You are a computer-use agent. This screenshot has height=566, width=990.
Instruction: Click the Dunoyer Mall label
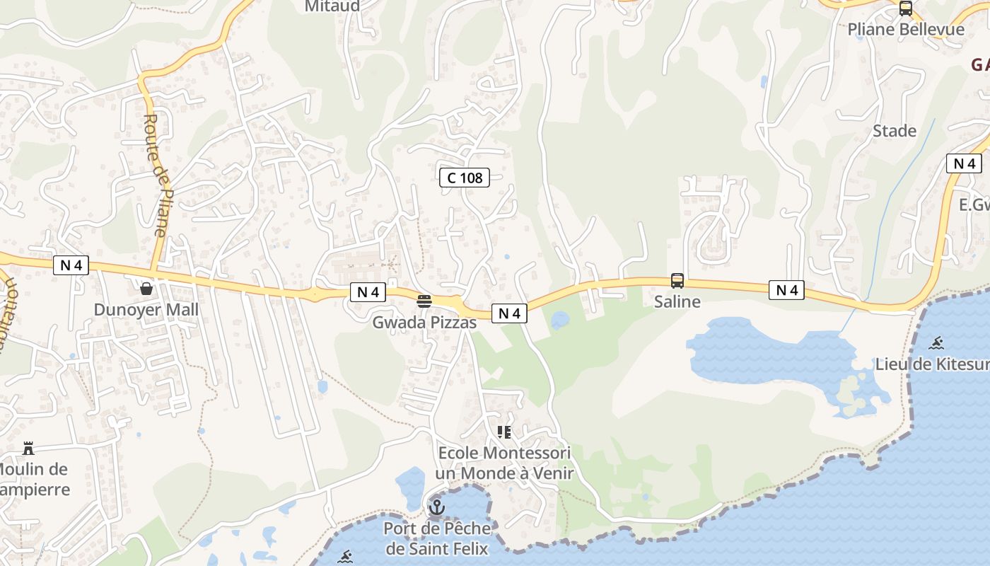[146, 310]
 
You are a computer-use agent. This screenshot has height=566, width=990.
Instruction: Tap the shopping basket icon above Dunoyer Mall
[146, 289]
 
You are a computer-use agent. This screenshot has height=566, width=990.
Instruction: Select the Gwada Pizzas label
[424, 322]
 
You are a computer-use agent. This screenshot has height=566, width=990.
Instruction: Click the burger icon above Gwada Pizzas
[424, 301]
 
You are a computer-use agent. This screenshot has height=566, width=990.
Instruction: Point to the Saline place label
[677, 301]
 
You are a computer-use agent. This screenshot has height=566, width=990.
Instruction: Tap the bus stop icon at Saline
[677, 281]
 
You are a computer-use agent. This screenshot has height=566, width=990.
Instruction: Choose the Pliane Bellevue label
[906, 29]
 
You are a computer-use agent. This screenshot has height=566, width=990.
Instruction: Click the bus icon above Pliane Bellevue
[905, 8]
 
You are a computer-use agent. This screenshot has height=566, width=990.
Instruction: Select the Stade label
[895, 131]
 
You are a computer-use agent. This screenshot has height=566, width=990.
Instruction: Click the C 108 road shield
[465, 178]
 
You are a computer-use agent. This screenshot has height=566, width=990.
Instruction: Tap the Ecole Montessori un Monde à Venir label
[504, 463]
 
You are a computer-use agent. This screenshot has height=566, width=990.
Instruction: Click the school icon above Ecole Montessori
[504, 432]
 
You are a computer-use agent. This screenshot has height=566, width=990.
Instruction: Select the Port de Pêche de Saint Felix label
[437, 538]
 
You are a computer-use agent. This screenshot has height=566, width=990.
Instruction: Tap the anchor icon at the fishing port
[437, 507]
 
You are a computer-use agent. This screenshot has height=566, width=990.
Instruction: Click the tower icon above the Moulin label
[28, 449]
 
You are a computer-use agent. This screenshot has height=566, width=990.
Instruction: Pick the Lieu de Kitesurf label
[932, 364]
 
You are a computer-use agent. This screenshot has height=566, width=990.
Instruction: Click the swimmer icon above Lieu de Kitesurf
[936, 344]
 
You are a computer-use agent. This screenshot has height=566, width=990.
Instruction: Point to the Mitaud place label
[332, 6]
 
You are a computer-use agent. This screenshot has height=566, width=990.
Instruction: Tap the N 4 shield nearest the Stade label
[964, 163]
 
